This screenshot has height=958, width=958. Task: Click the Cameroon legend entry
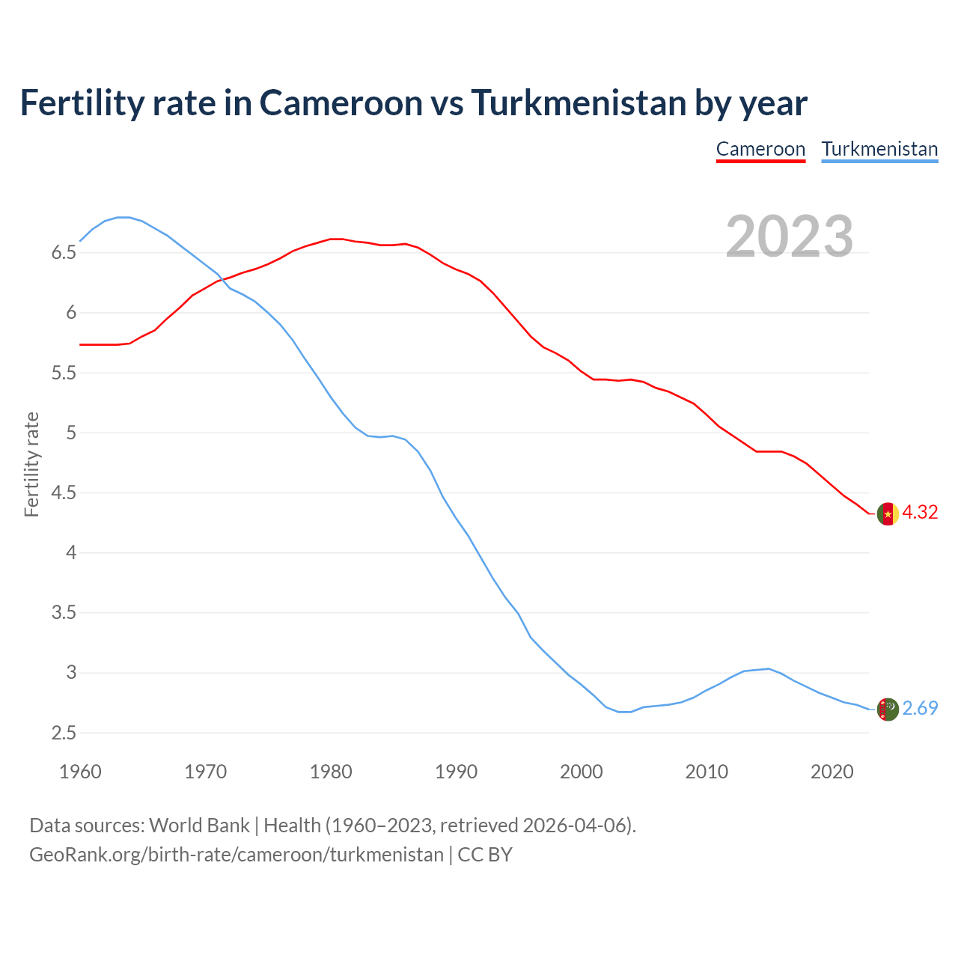pyautogui.click(x=760, y=149)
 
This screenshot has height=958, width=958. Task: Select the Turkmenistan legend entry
pyautogui.click(x=879, y=149)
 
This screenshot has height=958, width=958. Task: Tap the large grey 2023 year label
pyautogui.click(x=790, y=237)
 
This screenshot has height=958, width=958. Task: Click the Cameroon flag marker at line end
pyautogui.click(x=887, y=514)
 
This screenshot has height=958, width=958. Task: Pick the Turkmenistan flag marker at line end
pyautogui.click(x=887, y=709)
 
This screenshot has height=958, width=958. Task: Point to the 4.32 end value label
pyautogui.click(x=920, y=513)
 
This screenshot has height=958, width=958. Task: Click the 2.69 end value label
pyautogui.click(x=920, y=709)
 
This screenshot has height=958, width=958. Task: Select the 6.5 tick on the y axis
pyautogui.click(x=64, y=253)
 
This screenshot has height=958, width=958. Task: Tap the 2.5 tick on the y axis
pyautogui.click(x=64, y=733)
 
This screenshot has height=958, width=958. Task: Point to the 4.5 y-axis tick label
pyautogui.click(x=64, y=493)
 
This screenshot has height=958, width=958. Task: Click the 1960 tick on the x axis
pyautogui.click(x=80, y=772)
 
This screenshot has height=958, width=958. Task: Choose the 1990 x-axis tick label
pyautogui.click(x=456, y=772)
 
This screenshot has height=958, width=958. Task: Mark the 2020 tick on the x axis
pyautogui.click(x=832, y=772)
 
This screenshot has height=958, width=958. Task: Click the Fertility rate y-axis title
pyautogui.click(x=31, y=464)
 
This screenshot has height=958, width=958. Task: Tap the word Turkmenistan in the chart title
pyautogui.click(x=579, y=103)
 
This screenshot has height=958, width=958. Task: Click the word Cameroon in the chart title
pyautogui.click(x=341, y=103)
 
